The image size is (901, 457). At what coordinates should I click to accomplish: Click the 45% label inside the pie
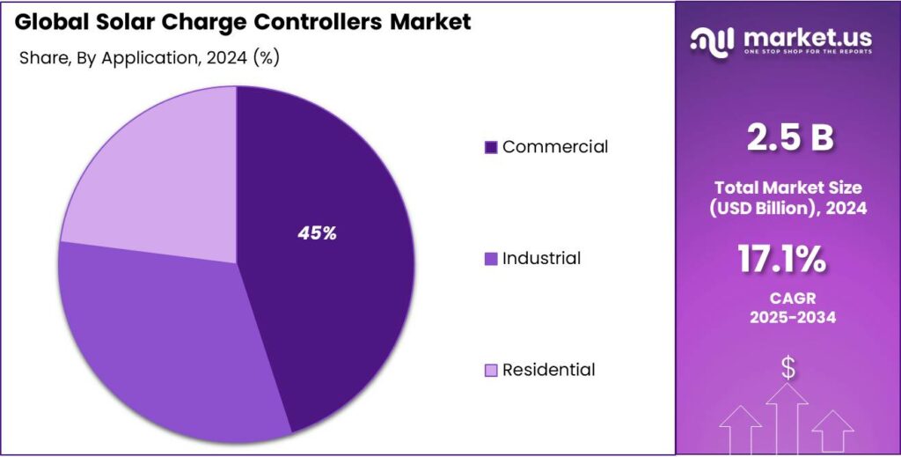[x=317, y=233]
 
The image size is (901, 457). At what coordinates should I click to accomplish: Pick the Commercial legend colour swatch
[x=491, y=147]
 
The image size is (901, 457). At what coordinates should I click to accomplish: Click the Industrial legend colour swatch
[x=491, y=259]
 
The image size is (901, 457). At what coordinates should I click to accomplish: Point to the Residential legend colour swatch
[x=491, y=370]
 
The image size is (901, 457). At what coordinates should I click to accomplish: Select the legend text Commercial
[x=555, y=147]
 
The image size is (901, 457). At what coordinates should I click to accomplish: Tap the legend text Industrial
[x=541, y=259]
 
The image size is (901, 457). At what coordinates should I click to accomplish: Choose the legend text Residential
[x=548, y=370]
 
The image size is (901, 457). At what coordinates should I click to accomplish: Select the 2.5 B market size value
[x=789, y=138]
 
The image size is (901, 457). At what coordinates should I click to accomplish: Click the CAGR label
[x=789, y=299]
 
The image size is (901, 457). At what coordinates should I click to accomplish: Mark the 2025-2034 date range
[x=789, y=318]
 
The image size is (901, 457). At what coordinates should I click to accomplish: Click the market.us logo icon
[x=712, y=40]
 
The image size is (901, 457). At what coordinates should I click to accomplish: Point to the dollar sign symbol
[x=788, y=368]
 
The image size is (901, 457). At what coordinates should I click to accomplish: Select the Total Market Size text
[x=789, y=188]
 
